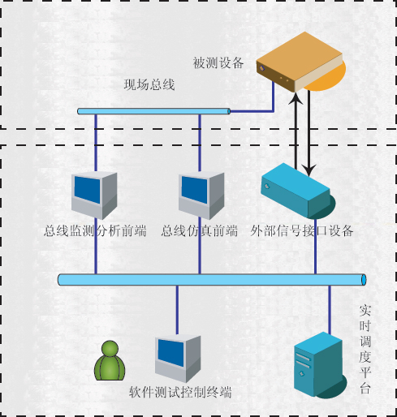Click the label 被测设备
[x=218, y=63]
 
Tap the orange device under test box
[x=300, y=62]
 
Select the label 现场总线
[x=149, y=84]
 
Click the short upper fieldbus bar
[x=154, y=111]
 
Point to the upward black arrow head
[x=296, y=98]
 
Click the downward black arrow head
[x=309, y=170]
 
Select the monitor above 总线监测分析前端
[x=94, y=196]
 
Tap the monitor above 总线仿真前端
[x=201, y=196]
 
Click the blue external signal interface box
[x=298, y=191]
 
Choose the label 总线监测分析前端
[x=95, y=231]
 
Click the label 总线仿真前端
[x=200, y=231]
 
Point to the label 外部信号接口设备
[x=302, y=231]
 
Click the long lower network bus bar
[x=212, y=280]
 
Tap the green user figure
[x=110, y=360]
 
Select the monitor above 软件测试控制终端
[x=178, y=359]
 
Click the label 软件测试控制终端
[x=180, y=393]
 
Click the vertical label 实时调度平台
[x=365, y=349]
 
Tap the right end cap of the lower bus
[x=364, y=280]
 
